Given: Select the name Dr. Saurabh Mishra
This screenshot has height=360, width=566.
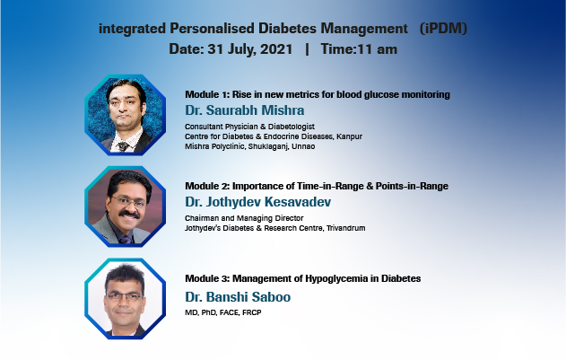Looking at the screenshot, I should pyautogui.click(x=247, y=110).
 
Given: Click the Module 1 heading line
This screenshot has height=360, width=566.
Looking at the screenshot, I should pyautogui.click(x=317, y=94).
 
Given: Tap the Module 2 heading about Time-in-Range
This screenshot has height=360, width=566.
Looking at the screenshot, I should pyautogui.click(x=316, y=186).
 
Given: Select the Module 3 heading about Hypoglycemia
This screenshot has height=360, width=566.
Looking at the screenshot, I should pyautogui.click(x=302, y=278).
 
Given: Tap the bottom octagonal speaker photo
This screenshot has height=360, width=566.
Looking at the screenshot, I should pyautogui.click(x=126, y=299).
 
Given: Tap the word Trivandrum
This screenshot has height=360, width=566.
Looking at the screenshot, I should pyautogui.click(x=341, y=228).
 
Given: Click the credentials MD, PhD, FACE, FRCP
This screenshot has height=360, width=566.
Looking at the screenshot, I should pyautogui.click(x=226, y=312).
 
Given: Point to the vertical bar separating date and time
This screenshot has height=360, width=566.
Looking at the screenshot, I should pyautogui.click(x=307, y=49).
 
